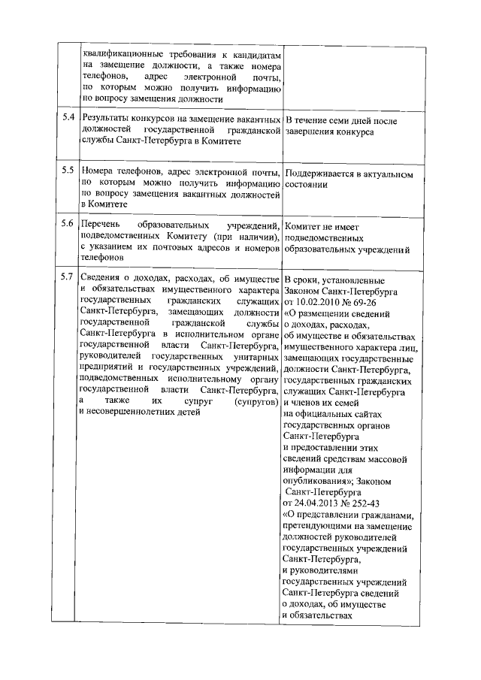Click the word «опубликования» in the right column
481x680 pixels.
(313, 479)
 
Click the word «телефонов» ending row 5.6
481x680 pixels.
(103, 258)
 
